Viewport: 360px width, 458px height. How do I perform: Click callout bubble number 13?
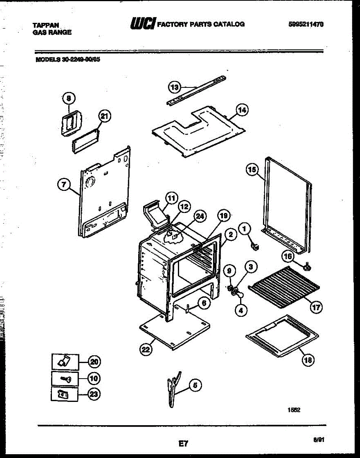point(174,87)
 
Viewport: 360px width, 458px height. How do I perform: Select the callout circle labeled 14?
point(241,110)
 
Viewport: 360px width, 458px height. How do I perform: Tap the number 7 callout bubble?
point(64,185)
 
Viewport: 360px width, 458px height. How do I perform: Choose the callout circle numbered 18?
point(307,359)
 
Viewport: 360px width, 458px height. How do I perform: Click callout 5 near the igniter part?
point(195,385)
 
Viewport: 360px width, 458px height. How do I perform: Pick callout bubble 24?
point(200,216)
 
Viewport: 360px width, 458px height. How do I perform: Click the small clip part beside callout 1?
point(255,244)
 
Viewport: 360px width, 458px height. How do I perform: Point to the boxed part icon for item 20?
point(65,361)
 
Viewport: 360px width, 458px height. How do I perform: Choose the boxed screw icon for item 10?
point(65,379)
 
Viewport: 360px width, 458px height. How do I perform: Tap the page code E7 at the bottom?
point(183,443)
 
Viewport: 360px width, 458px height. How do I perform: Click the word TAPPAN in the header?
point(45,25)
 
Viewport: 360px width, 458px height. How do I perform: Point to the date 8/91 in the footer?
point(318,440)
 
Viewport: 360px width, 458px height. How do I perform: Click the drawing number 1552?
point(294,410)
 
